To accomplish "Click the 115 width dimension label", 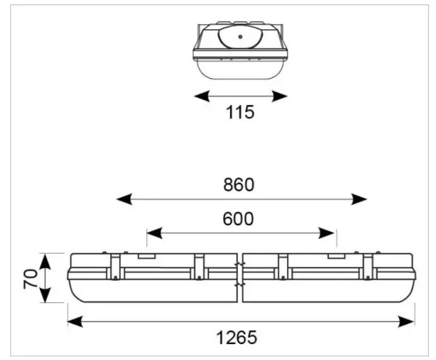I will tap(240, 113).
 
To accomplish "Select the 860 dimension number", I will tap(238, 184).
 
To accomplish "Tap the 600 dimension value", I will tap(238, 219).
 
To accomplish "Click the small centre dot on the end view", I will tap(240, 36).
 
